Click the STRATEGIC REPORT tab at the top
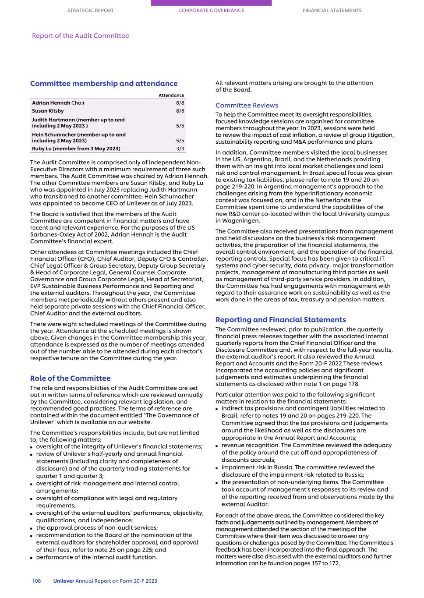[x=90, y=11]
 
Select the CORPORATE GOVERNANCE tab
[x=211, y=11]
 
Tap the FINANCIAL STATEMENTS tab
[x=332, y=11]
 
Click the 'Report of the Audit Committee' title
[x=80, y=36]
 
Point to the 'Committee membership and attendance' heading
[x=104, y=84]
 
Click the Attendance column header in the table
[x=171, y=95]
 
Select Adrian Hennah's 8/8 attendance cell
[x=180, y=103]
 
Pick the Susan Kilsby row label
[x=48, y=111]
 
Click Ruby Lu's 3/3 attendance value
[x=180, y=149]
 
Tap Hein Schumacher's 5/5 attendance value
[x=180, y=141]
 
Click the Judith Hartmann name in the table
[x=53, y=120]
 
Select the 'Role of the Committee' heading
[x=70, y=379]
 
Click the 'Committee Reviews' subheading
[x=247, y=106]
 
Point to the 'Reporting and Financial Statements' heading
[x=280, y=320]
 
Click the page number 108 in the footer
[x=36, y=581]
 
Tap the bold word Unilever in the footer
[x=64, y=581]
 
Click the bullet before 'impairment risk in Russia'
[x=217, y=468]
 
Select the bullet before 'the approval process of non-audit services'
[x=32, y=528]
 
